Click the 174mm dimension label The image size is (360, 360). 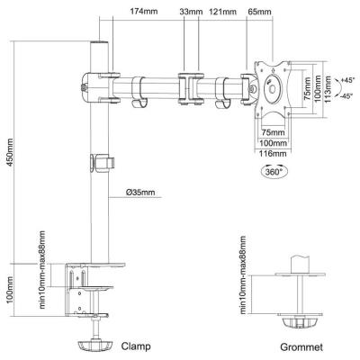[x=144, y=12]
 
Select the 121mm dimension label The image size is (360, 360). [x=222, y=12]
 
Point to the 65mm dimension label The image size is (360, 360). [x=260, y=12]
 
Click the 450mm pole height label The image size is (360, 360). [x=10, y=153]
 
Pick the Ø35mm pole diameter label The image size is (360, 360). [x=140, y=192]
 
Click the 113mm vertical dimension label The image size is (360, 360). [x=328, y=89]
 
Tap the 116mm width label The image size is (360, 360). [x=273, y=154]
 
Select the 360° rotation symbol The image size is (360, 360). [x=273, y=171]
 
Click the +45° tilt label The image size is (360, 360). [x=348, y=80]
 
